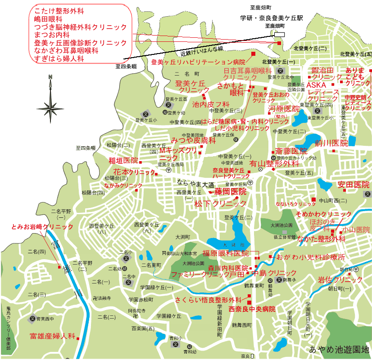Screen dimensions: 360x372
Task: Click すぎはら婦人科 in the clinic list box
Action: coord(59,58)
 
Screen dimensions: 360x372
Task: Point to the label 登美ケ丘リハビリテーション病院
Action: coord(198,62)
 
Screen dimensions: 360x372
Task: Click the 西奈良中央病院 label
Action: coord(252,309)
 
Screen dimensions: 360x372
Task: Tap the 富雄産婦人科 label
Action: coord(52,336)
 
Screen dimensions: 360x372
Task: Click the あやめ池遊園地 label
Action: coord(339,349)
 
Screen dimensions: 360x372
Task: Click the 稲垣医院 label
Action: coord(123,161)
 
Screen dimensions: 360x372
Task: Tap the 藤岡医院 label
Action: coord(230,192)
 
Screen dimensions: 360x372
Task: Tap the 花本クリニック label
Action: coord(134,172)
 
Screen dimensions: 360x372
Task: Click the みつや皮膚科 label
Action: coord(193,140)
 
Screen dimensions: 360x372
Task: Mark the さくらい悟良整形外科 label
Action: coord(208,300)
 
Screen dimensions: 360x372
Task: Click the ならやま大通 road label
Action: coord(195,184)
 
